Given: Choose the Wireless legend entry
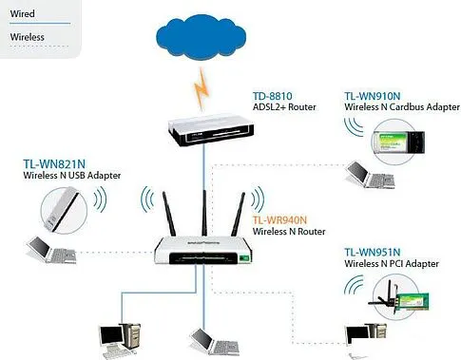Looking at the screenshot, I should [x=28, y=38].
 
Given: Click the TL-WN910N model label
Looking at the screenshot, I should [x=373, y=97].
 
